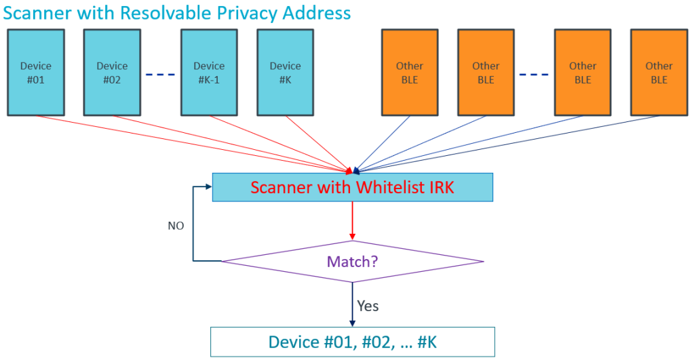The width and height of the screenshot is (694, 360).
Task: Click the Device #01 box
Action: [36, 73]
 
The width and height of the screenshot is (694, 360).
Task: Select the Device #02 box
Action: [112, 73]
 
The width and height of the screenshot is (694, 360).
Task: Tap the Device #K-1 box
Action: [209, 73]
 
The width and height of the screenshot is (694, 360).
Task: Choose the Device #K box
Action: [285, 73]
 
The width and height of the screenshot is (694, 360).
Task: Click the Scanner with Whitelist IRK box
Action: [352, 187]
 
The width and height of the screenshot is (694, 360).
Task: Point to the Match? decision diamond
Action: [352, 261]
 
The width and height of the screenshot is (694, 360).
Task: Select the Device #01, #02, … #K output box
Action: [352, 342]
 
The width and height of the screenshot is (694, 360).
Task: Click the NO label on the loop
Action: [176, 226]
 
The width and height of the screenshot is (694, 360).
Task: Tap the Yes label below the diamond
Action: [368, 306]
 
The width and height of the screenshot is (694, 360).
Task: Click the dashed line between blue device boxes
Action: [160, 74]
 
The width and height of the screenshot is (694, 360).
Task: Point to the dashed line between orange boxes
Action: [535, 74]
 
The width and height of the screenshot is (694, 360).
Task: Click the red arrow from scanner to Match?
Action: [352, 220]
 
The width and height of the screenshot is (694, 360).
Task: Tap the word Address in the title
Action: [314, 13]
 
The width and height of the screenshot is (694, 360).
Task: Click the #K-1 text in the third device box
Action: [209, 79]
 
